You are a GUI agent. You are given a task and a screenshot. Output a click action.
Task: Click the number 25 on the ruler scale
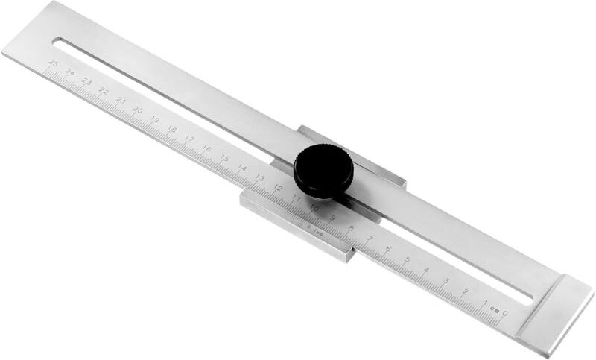[x=53, y=64]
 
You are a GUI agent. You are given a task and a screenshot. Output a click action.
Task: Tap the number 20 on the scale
[x=138, y=110]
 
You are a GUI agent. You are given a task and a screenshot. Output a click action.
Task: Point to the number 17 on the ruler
[x=190, y=138]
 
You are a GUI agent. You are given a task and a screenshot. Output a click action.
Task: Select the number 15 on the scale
[x=224, y=157]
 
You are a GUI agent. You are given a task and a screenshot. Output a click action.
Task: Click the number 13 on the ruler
[x=260, y=177]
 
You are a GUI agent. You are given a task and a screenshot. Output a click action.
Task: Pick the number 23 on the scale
[x=86, y=82]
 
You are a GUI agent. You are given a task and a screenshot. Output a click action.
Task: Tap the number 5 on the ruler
[x=407, y=259]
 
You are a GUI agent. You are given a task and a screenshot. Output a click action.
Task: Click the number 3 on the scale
[x=446, y=280]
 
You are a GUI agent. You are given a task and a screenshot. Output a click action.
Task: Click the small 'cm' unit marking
[x=493, y=307]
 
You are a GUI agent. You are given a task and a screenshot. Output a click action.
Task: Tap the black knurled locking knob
[x=323, y=171]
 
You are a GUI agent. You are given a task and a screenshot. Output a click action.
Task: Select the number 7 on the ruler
[x=369, y=238]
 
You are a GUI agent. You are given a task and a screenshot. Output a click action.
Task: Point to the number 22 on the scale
[x=104, y=91]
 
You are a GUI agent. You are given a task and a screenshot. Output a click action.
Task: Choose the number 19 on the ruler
[x=155, y=119]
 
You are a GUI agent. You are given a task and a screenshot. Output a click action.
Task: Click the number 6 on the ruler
[x=387, y=248]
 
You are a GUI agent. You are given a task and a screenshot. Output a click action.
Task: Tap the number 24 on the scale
[x=70, y=73]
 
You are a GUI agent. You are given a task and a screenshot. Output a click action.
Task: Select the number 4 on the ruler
[x=426, y=269]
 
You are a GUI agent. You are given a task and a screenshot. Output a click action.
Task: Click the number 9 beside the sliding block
[x=332, y=218]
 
